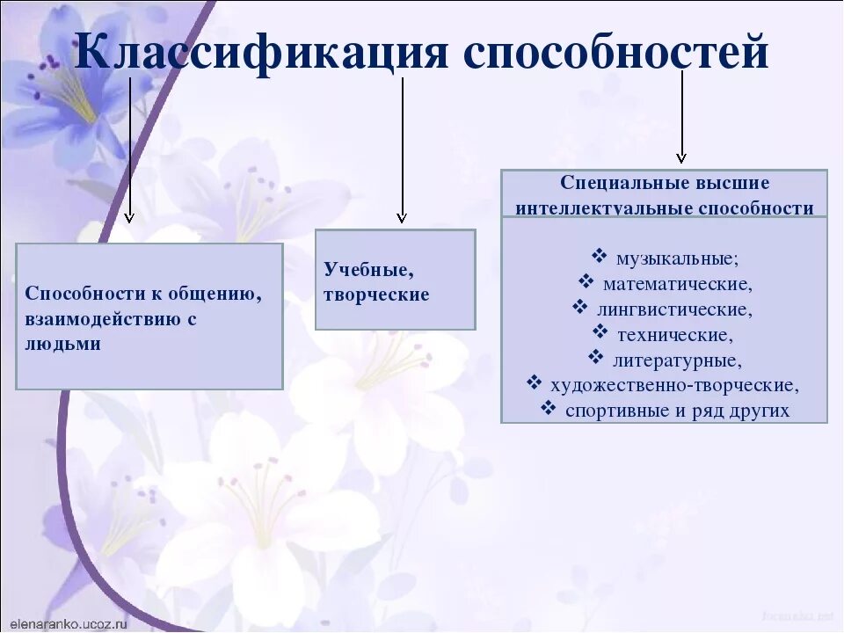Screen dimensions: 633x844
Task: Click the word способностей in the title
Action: pos(615,55)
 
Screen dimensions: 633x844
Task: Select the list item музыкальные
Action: pos(676,258)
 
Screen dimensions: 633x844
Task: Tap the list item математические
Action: pos(677,284)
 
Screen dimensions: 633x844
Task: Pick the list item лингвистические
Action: pos(674,309)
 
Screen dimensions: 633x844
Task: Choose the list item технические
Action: pos(674,335)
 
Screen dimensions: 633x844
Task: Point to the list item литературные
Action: pos(677,360)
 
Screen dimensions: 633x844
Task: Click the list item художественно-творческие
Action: pos(674,385)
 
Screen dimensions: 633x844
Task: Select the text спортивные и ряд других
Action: pos(677,411)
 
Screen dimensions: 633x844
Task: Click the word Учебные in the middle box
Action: pos(368,269)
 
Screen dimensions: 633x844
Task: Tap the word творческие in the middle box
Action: pos(376,295)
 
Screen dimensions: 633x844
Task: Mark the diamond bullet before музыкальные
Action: pos(599,257)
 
